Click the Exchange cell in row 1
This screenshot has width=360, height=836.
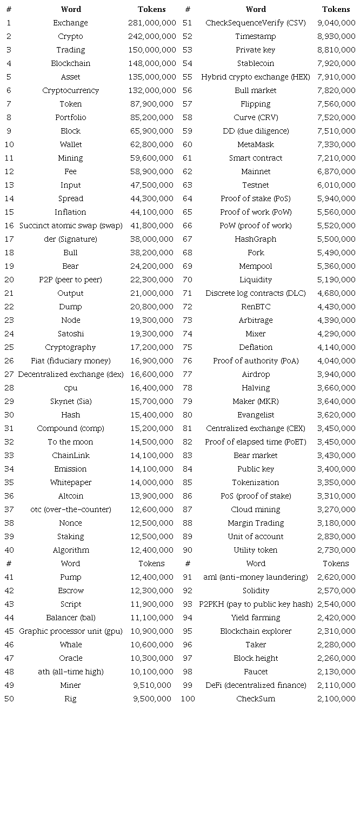[70, 23]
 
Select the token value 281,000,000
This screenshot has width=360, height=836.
[152, 23]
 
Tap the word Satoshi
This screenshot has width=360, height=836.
[70, 334]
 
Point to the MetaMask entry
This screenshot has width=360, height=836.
[256, 144]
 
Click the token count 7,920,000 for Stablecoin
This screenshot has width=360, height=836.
[336, 63]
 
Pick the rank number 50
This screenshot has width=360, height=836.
[9, 699]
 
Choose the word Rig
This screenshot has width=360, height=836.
[70, 699]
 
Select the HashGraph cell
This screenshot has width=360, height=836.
[256, 239]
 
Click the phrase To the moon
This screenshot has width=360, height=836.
[70, 442]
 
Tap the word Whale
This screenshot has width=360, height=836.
[70, 645]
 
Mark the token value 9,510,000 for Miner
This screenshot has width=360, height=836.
[152, 685]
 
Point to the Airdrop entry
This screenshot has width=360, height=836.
[256, 374]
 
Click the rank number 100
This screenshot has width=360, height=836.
[188, 699]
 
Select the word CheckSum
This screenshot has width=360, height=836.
[256, 699]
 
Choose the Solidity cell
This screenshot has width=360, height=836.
[256, 590]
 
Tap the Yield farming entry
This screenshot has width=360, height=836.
[256, 618]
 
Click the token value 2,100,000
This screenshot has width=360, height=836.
[336, 699]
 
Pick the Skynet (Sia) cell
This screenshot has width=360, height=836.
[70, 401]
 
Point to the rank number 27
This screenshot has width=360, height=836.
[9, 374]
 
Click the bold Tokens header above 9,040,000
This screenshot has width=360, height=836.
[336, 9]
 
